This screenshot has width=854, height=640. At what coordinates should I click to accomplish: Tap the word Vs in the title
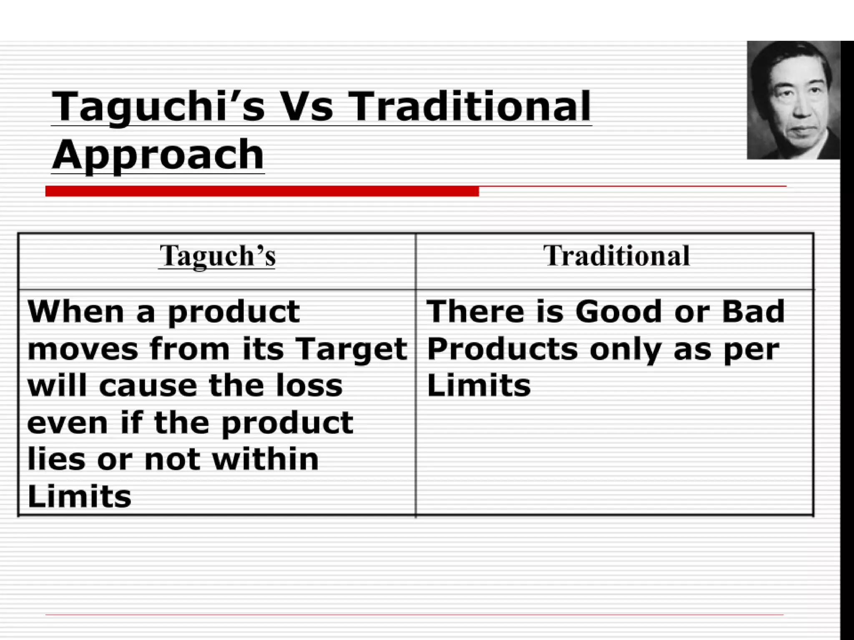click(307, 107)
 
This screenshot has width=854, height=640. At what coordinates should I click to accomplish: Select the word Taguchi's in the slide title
click(158, 107)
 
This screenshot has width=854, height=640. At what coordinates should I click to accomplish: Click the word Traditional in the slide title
click(470, 107)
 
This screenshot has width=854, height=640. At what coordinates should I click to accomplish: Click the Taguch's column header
click(217, 256)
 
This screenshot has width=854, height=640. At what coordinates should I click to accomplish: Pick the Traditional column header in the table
click(616, 256)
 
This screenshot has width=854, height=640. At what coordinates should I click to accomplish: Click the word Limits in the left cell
click(79, 497)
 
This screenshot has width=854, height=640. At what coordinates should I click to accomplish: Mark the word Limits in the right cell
click(479, 386)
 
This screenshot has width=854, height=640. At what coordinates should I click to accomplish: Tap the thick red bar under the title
click(262, 191)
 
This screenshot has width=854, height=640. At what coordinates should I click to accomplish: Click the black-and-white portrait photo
click(793, 100)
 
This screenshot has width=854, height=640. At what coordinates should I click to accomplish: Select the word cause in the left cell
click(148, 386)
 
